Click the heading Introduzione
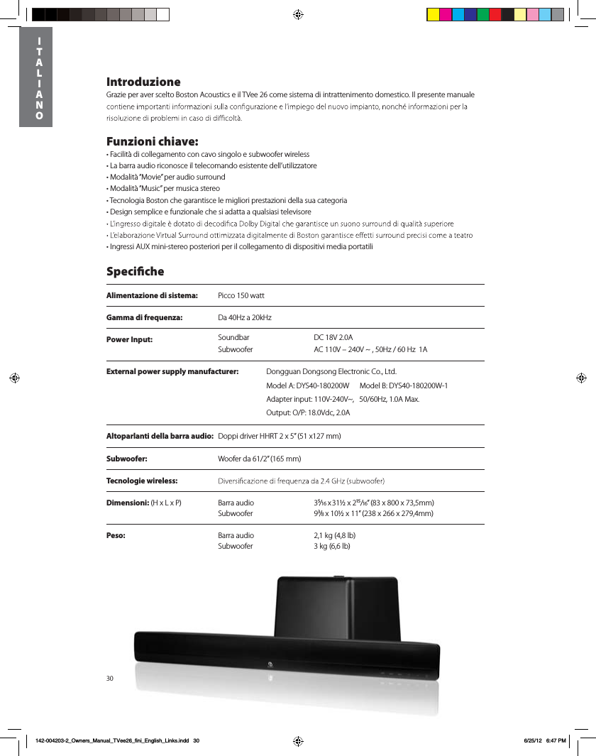[143, 82]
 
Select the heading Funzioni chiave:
[152, 141]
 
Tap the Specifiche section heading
[135, 271]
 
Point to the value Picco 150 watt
[241, 295]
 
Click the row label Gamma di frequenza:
[145, 317]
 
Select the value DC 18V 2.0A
[333, 339]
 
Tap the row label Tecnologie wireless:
[142, 481]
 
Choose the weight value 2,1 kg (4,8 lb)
[335, 535]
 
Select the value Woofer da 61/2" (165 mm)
[260, 459]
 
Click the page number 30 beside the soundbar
[110, 679]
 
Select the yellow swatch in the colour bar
[432, 14]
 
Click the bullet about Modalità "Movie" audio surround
[166, 177]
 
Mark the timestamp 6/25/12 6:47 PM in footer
[544, 740]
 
